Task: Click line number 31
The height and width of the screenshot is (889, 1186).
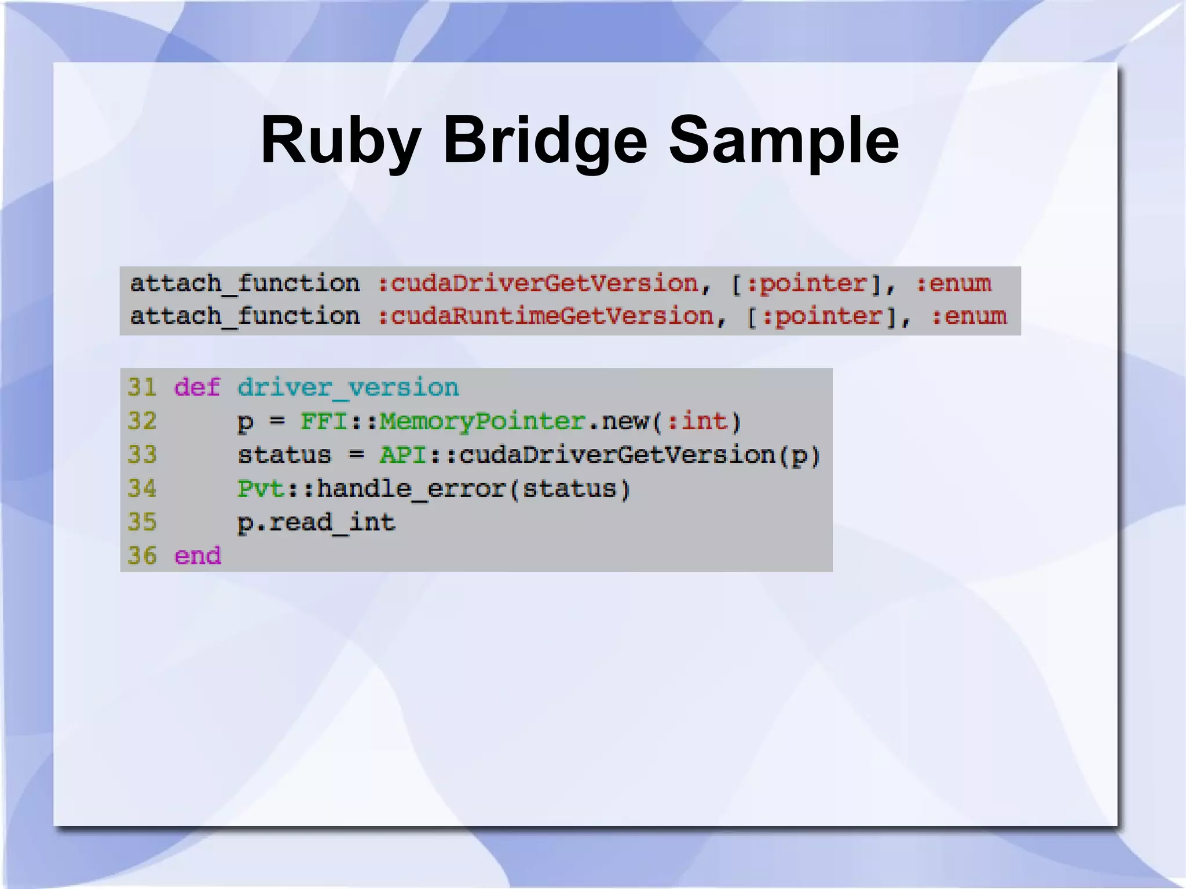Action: click(142, 387)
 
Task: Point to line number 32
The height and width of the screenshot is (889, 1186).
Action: click(142, 421)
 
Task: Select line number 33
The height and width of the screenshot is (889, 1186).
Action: click(142, 455)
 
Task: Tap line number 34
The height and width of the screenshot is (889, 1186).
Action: click(142, 488)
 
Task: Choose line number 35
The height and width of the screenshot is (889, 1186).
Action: click(142, 522)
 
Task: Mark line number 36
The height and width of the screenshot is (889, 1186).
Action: click(142, 556)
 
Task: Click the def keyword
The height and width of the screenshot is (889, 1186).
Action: click(197, 387)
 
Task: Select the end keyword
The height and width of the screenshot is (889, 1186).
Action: click(197, 556)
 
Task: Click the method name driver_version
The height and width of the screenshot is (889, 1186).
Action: click(348, 387)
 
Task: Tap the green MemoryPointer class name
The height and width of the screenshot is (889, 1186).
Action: click(482, 421)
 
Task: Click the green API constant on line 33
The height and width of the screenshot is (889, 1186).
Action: click(402, 455)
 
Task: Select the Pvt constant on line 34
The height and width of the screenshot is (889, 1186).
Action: click(261, 488)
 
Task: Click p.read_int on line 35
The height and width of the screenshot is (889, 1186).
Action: click(316, 522)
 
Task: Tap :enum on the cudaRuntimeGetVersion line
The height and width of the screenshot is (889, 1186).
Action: click(969, 317)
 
